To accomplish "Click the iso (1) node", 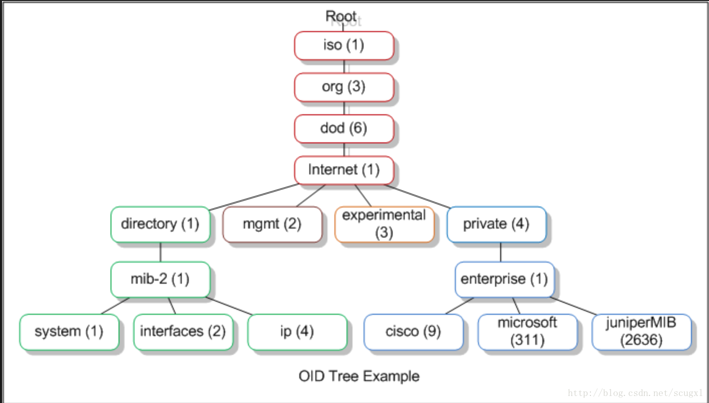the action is tap(344, 46).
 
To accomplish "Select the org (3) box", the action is tap(344, 87).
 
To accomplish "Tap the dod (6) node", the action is tap(344, 129).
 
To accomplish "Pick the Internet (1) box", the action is tap(344, 170).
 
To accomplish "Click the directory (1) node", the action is tap(161, 225).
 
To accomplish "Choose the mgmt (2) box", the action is tap(272, 225).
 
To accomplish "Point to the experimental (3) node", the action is tap(384, 225).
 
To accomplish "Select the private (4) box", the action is tap(497, 225).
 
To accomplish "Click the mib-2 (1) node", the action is tap(161, 279).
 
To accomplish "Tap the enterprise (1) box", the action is tap(505, 279).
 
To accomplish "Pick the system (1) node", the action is tap(69, 332).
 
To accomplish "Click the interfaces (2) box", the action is tap(183, 332).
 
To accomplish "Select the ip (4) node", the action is tap(297, 332).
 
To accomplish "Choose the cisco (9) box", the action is tap(414, 332).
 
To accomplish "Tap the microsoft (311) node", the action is tap(528, 332).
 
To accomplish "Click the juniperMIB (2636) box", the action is tap(642, 332).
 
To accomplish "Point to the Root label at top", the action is tap(341, 16).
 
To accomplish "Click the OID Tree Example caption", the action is tap(359, 376).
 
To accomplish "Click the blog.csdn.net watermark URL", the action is tap(635, 393).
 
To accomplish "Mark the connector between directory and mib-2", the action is tap(161, 252).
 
